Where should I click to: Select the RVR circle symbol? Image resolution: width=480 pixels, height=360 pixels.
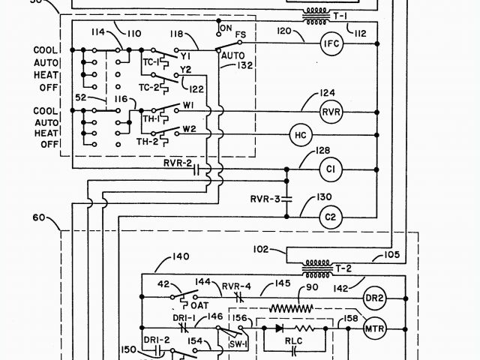point(331,112)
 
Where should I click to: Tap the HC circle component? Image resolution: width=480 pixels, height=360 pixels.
point(301,135)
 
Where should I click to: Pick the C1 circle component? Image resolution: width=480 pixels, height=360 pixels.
point(331,169)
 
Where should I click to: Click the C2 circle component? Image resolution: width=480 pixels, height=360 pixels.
point(331,218)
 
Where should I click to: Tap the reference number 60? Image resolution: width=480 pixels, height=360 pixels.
point(39,219)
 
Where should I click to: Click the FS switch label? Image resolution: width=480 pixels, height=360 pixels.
point(241,34)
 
